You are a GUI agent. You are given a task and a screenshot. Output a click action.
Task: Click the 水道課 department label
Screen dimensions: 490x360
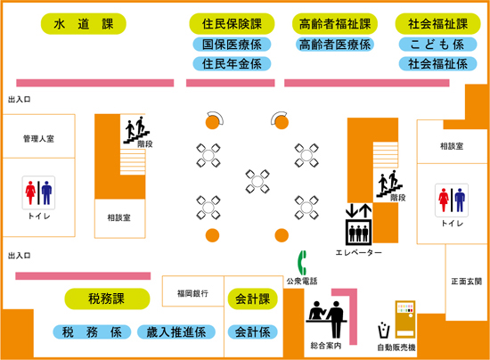point(84,24)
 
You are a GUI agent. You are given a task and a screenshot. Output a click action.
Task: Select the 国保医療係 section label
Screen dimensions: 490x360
point(232,45)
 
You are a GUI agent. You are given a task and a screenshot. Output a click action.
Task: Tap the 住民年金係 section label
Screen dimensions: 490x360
point(232,64)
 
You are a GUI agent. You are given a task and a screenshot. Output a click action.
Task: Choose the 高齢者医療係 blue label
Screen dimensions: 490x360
point(335,45)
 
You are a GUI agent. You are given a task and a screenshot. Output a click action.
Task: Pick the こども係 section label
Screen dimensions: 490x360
point(437,45)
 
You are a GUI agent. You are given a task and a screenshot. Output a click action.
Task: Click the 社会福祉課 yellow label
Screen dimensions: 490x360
point(437,24)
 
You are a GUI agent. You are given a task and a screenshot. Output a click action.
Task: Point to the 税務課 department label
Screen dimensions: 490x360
point(107,299)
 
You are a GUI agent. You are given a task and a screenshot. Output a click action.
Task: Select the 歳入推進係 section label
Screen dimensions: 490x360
point(176,331)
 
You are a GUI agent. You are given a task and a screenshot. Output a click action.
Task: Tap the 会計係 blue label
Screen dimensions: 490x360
point(252,331)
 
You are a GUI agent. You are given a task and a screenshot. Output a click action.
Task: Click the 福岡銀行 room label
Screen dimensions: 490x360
point(192,293)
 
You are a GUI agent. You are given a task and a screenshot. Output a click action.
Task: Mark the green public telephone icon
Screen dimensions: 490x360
point(302,263)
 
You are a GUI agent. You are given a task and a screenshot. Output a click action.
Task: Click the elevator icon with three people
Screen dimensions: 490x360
point(358,232)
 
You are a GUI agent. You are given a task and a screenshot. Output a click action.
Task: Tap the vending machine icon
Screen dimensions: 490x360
point(405,319)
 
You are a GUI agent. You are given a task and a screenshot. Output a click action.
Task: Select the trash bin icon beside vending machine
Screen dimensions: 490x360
point(384,330)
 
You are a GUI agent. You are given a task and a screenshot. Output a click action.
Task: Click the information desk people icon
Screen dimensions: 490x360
point(327,319)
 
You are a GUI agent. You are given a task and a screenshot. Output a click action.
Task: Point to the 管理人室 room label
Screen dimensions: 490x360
point(38,138)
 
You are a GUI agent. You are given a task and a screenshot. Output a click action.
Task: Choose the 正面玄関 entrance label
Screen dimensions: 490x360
point(466,282)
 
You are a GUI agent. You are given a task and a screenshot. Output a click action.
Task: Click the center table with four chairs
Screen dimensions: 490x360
point(257,181)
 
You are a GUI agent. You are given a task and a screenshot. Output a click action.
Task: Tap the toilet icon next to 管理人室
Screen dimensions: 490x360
point(38,192)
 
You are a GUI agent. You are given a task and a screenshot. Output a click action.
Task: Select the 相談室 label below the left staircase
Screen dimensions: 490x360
point(119,217)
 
